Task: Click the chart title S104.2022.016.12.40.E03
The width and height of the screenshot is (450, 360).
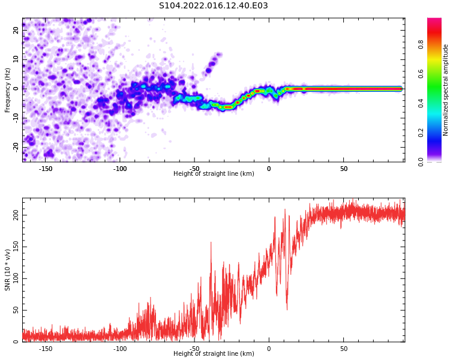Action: pyautogui.click(x=213, y=5)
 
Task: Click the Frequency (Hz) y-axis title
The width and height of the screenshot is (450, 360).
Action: pyautogui.click(x=7, y=90)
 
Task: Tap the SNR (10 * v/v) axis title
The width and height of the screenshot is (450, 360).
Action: pyautogui.click(x=7, y=270)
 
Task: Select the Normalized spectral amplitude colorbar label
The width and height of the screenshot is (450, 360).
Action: pyautogui.click(x=445, y=90)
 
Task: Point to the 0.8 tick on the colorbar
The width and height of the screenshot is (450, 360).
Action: pyautogui.click(x=421, y=45)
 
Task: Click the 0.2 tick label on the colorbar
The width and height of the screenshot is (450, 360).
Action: pyautogui.click(x=421, y=133)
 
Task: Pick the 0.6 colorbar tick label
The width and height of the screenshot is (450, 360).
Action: pyautogui.click(x=421, y=74)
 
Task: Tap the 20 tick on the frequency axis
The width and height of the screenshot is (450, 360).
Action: pyautogui.click(x=16, y=30)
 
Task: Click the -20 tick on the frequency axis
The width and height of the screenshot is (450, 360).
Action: pyautogui.click(x=16, y=148)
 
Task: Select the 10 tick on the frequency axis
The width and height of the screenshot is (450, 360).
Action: pyautogui.click(x=16, y=59)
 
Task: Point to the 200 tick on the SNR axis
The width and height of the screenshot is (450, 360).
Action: pyautogui.click(x=16, y=215)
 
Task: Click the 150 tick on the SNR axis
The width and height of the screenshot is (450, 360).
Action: pyautogui.click(x=16, y=247)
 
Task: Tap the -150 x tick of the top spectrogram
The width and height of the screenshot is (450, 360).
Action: pyautogui.click(x=46, y=169)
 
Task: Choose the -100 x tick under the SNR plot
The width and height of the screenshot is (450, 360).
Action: pyautogui.click(x=120, y=349)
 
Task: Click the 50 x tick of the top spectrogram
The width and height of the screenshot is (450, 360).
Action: pyautogui.click(x=344, y=169)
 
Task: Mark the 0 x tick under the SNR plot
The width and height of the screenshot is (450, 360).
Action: pyautogui.click(x=269, y=349)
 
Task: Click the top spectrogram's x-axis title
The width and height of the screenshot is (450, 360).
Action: pyautogui.click(x=214, y=173)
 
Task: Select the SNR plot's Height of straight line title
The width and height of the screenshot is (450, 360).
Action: pyautogui.click(x=214, y=353)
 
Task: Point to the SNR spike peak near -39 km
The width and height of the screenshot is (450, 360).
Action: pyautogui.click(x=211, y=242)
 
